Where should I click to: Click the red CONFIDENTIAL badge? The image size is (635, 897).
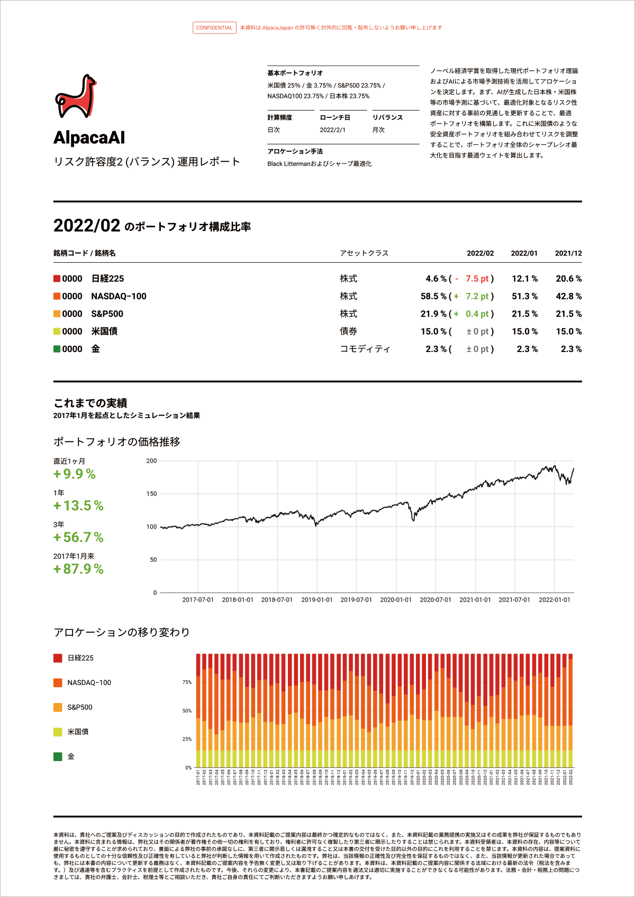(x=214, y=28)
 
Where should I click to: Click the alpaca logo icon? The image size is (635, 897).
(x=76, y=96)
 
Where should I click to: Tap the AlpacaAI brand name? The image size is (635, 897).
(x=89, y=138)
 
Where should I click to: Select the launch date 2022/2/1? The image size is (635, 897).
(x=332, y=130)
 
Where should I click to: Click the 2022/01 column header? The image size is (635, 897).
(x=524, y=253)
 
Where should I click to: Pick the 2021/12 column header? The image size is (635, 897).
(x=568, y=253)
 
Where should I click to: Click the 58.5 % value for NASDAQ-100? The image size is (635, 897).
(x=433, y=297)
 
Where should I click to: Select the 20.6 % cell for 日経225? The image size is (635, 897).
(x=568, y=279)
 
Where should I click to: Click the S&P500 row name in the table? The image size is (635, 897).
(x=107, y=314)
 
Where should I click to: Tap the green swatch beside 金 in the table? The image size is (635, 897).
(x=57, y=349)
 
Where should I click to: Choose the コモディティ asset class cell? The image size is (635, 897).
(x=365, y=349)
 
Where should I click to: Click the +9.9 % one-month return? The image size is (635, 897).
(x=75, y=474)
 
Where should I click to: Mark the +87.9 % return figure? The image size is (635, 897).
(x=78, y=569)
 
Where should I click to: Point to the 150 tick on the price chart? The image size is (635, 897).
(x=152, y=494)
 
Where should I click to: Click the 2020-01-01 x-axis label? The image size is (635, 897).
(x=396, y=600)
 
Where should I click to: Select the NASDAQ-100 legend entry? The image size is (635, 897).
(x=89, y=683)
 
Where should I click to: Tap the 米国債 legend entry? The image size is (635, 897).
(x=78, y=732)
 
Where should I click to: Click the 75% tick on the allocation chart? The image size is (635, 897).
(x=187, y=682)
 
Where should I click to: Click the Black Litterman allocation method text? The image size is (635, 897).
(x=319, y=164)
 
